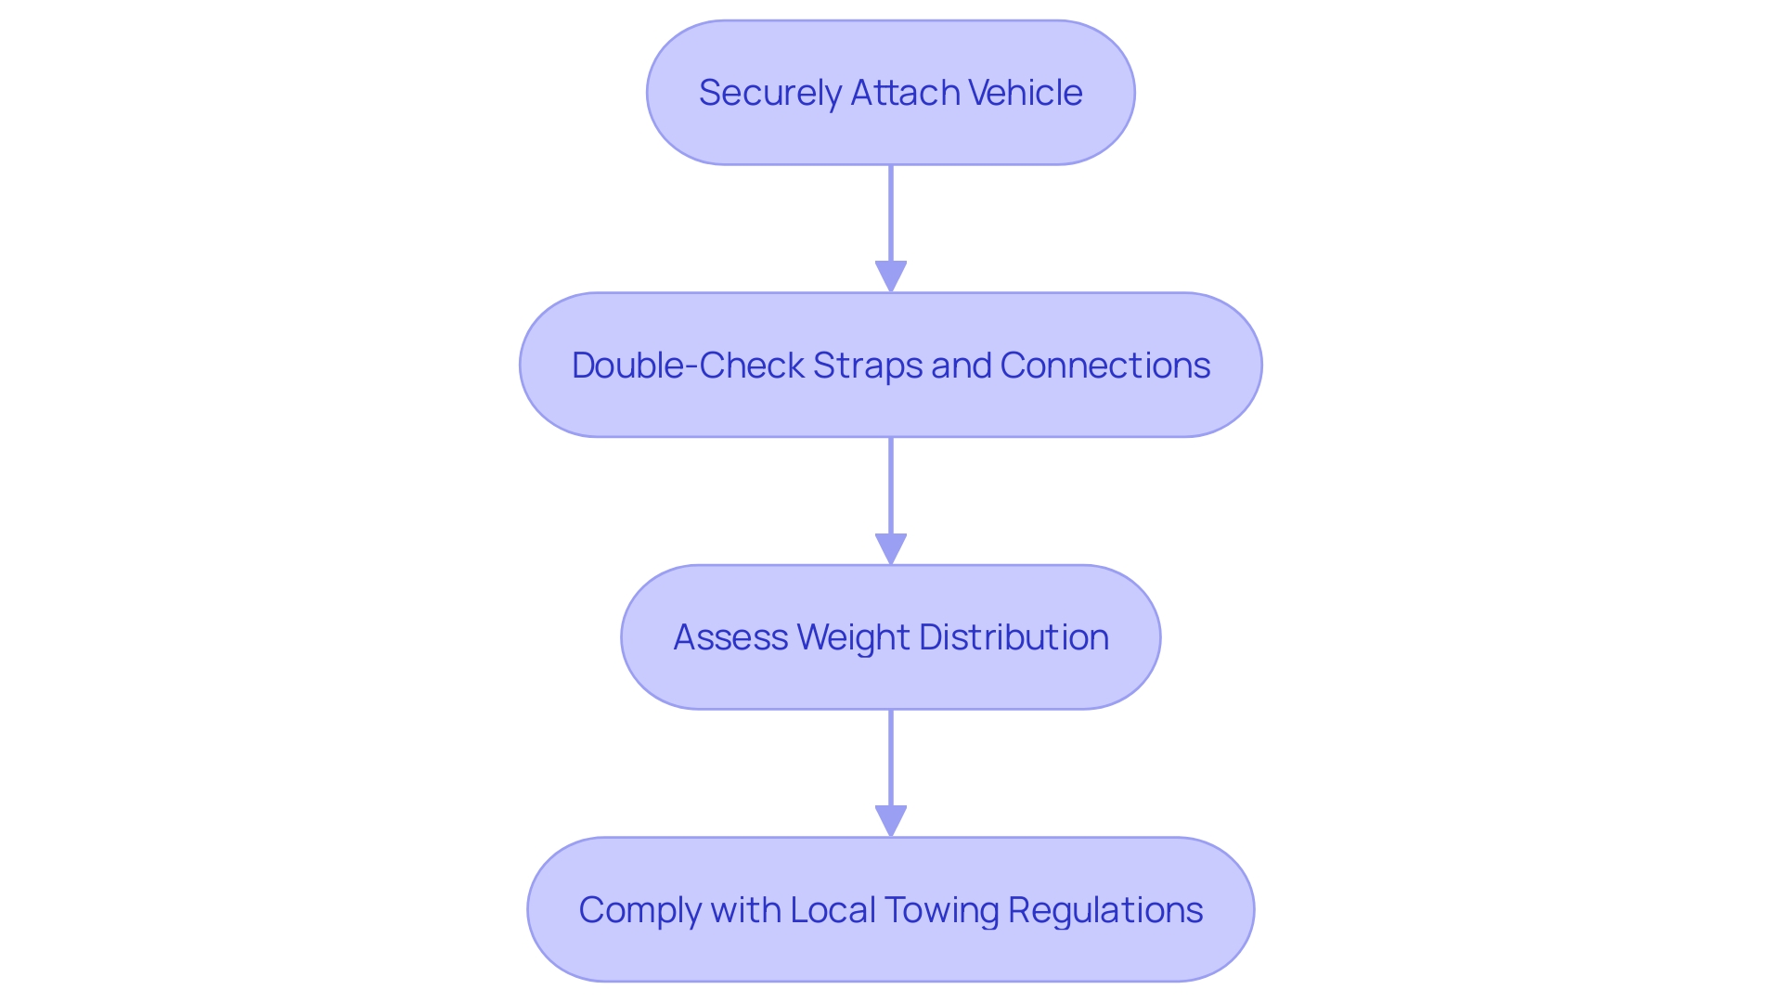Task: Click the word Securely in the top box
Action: tap(769, 93)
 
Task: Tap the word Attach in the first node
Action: tap(905, 93)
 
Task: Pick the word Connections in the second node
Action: tap(1104, 366)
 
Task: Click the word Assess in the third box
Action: tap(730, 637)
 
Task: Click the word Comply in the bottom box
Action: tap(639, 910)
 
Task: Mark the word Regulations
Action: tap(1105, 910)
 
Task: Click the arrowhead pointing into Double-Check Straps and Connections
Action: tap(891, 276)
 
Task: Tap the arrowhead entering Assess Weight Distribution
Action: tap(891, 548)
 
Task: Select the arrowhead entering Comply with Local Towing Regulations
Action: tap(891, 821)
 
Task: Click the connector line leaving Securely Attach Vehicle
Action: tap(891, 213)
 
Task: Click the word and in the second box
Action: tap(961, 366)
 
